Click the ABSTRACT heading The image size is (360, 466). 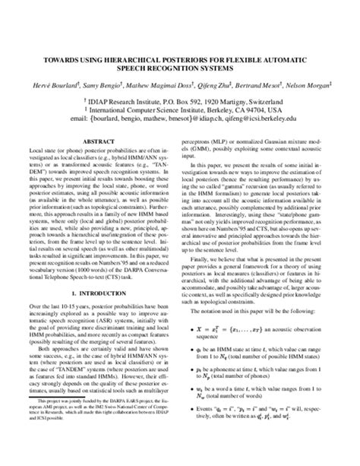pos(100,141)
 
